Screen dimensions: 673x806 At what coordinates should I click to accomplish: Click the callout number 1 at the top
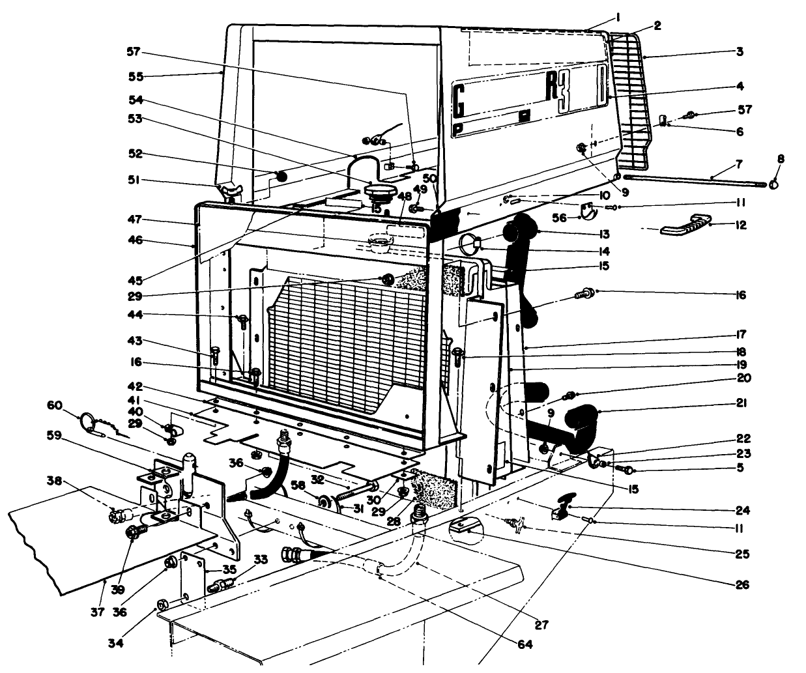(617, 16)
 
